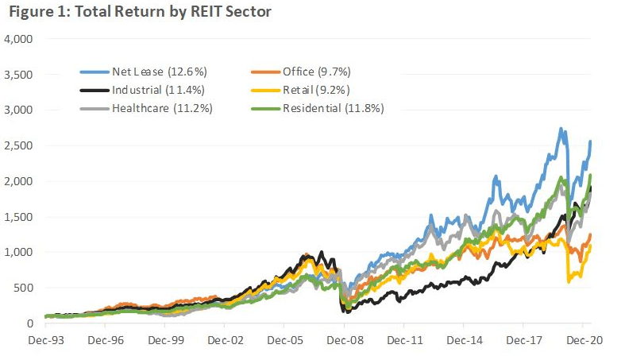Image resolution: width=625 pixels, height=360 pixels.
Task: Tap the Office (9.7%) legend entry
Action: pyautogui.click(x=314, y=72)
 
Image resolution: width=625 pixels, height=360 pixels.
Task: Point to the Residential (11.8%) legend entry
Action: pyautogui.click(x=326, y=108)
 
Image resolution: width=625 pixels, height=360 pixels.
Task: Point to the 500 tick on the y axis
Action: pyautogui.click(x=22, y=288)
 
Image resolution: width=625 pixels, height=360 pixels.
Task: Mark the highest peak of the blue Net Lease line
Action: pyautogui.click(x=561, y=129)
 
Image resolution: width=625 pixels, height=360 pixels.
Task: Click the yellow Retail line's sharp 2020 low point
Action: pyautogui.click(x=569, y=281)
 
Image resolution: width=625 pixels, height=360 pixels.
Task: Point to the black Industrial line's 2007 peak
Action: pyautogui.click(x=321, y=253)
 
